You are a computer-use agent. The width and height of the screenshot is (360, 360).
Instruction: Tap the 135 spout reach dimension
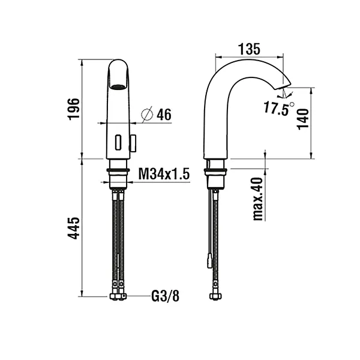247,49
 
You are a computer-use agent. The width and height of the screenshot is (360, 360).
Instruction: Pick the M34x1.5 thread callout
164,174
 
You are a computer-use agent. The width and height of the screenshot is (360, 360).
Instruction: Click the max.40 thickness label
258,198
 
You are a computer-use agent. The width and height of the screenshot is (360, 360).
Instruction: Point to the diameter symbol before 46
148,113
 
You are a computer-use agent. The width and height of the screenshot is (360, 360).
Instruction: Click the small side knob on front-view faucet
134,143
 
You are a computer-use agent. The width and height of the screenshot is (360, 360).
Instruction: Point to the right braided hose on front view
123,240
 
